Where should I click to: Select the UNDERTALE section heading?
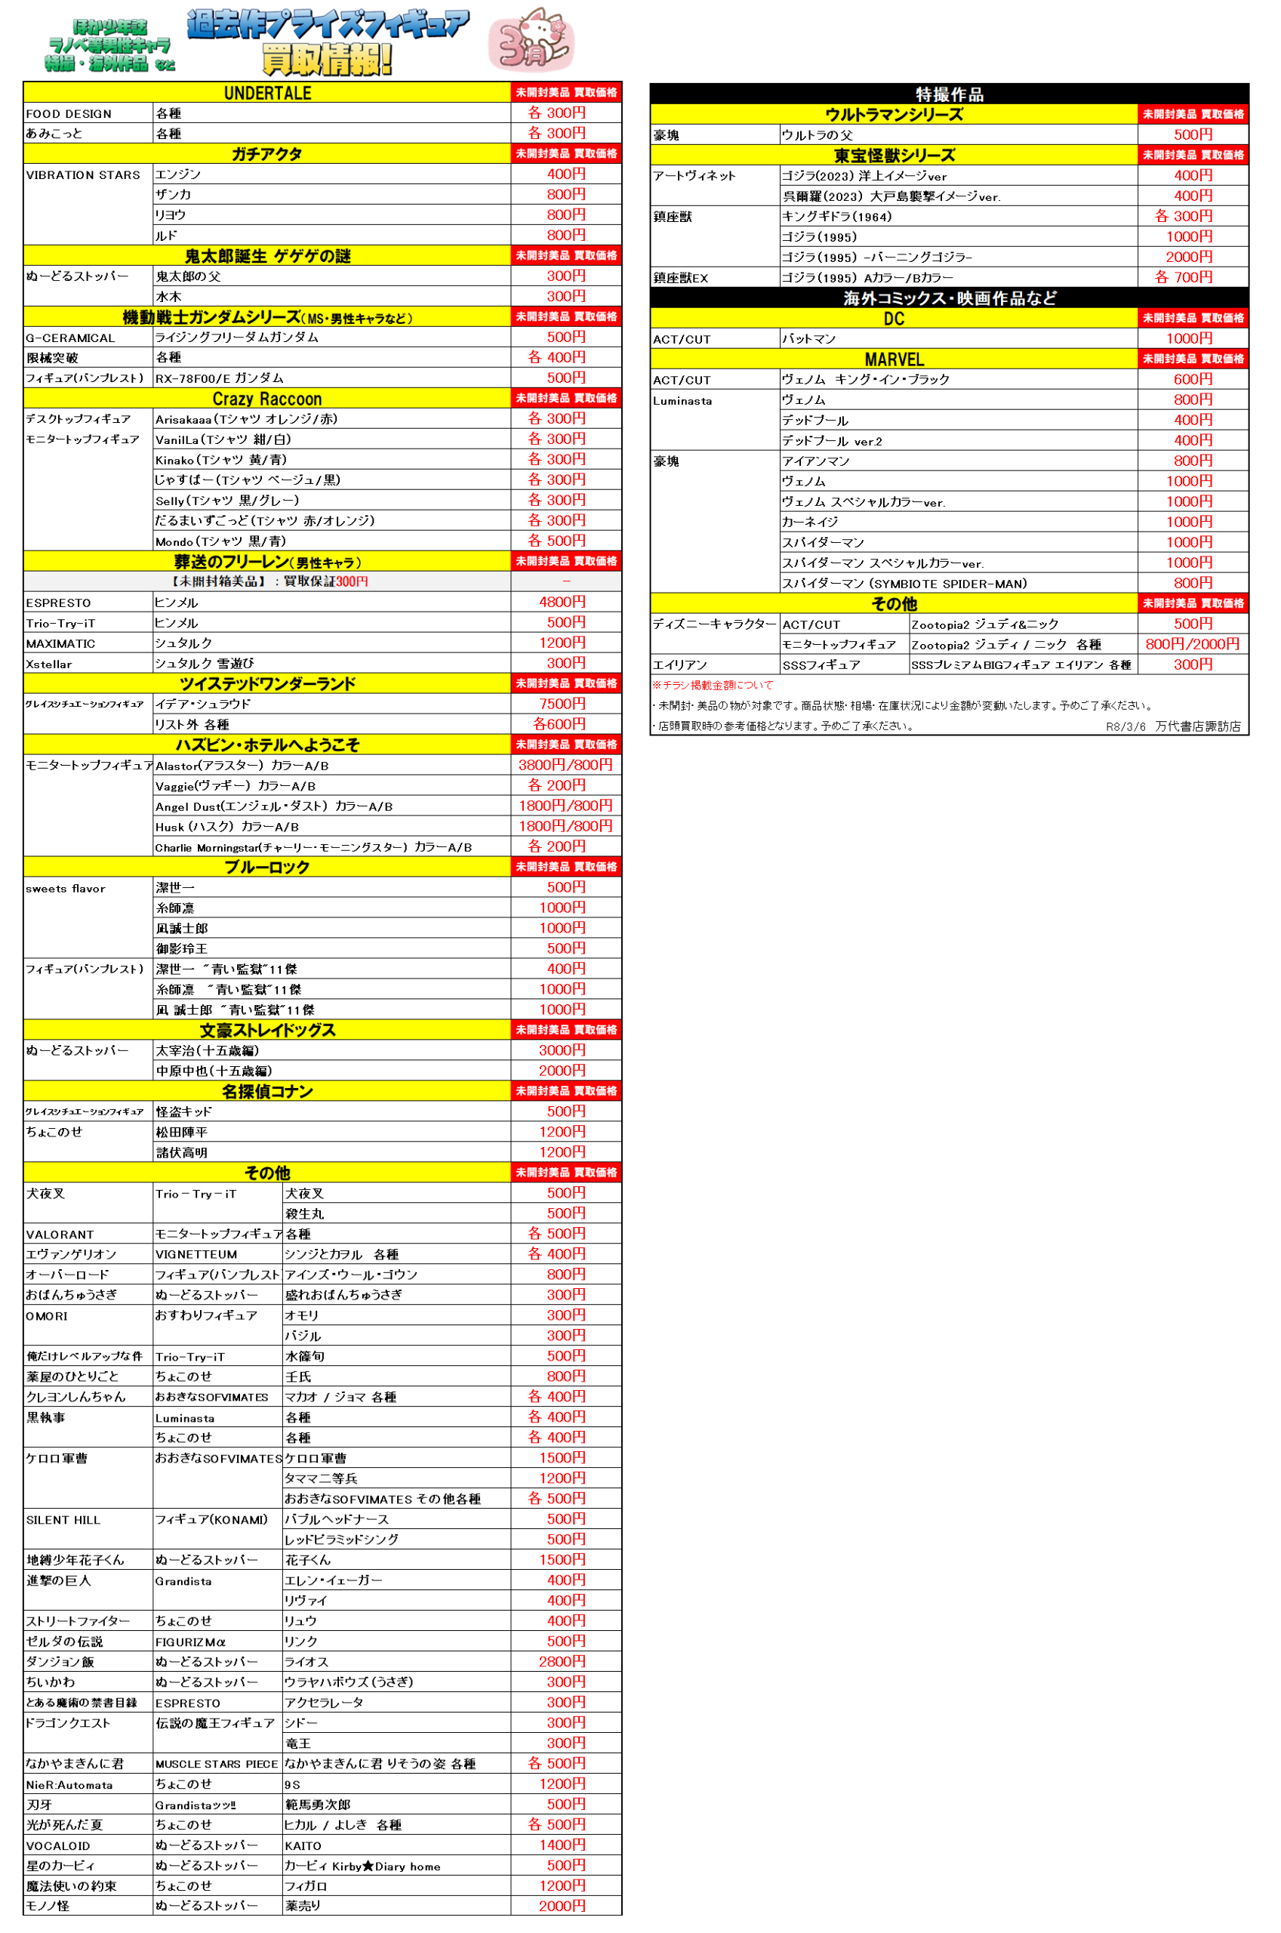coord(267,93)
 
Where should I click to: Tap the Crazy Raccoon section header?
coord(267,399)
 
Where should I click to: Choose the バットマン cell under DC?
coord(808,339)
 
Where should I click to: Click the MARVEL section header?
coord(894,359)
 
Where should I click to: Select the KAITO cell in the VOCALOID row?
coord(303,1845)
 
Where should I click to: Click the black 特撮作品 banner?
coord(949,94)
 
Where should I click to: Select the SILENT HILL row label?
coord(63,1520)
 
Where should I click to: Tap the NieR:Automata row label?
coord(69,1785)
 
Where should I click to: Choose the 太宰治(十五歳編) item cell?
coord(208,1050)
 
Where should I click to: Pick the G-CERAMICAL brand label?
coord(70,338)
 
